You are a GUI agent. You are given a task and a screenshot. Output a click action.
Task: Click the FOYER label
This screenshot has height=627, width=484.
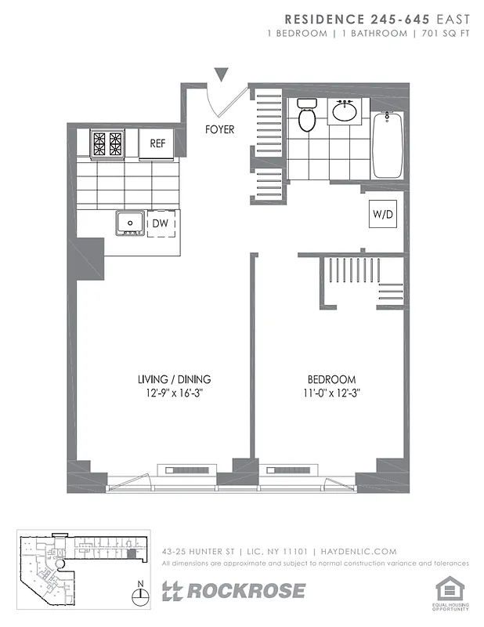(219, 129)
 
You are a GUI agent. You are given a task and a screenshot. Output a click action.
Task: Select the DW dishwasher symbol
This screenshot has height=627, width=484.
(161, 223)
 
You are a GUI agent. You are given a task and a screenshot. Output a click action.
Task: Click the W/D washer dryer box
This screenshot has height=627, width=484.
(382, 213)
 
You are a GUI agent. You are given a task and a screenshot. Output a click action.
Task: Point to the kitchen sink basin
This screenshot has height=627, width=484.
(129, 223)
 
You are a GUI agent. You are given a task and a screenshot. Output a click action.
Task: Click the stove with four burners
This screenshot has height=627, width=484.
(107, 143)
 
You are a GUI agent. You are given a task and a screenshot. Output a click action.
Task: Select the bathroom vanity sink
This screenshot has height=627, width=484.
(345, 111)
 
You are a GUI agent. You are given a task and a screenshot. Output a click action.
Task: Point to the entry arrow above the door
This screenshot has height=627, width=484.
(222, 74)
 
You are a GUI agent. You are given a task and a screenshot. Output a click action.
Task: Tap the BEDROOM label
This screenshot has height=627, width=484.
(333, 379)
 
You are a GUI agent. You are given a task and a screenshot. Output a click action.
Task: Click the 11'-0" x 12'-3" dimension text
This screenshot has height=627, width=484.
(333, 393)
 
